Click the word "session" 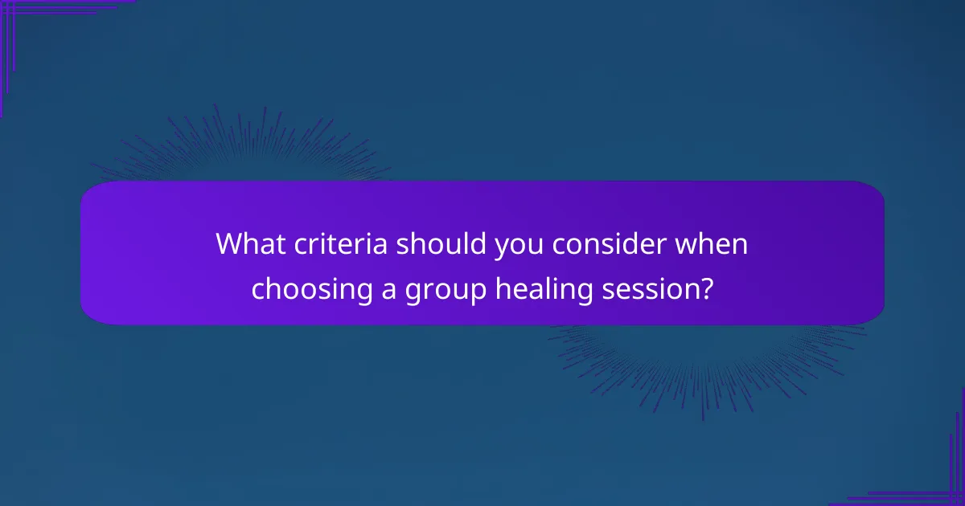point(648,288)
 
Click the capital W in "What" point(230,244)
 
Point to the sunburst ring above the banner point(241,149)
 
